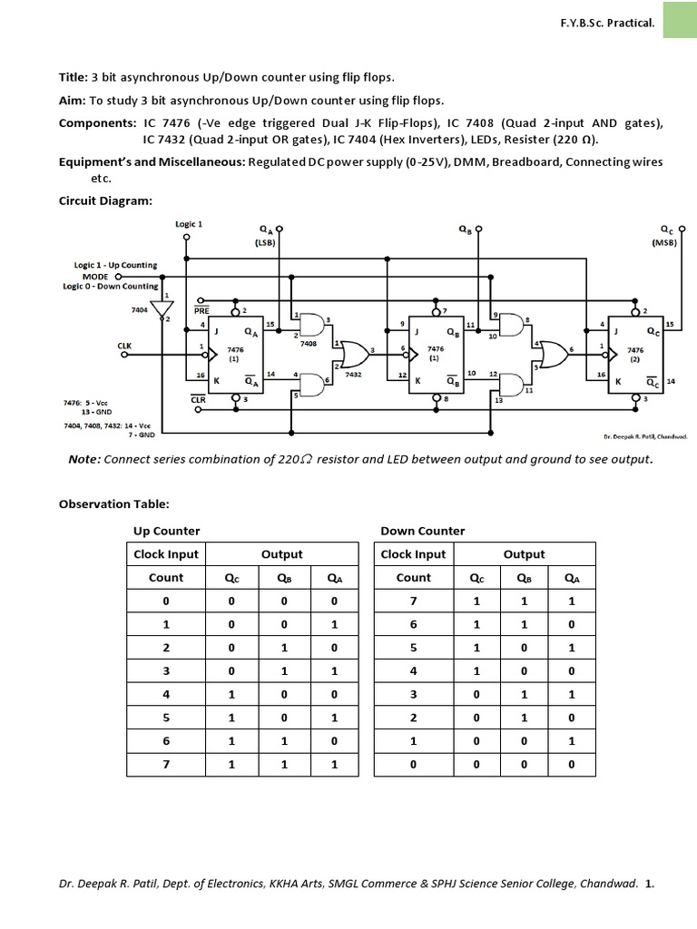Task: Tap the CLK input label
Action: pos(124,346)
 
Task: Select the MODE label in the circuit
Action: pos(95,275)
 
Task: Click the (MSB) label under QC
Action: pos(670,243)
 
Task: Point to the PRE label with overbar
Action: pos(201,310)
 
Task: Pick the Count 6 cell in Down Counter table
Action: pos(413,624)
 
